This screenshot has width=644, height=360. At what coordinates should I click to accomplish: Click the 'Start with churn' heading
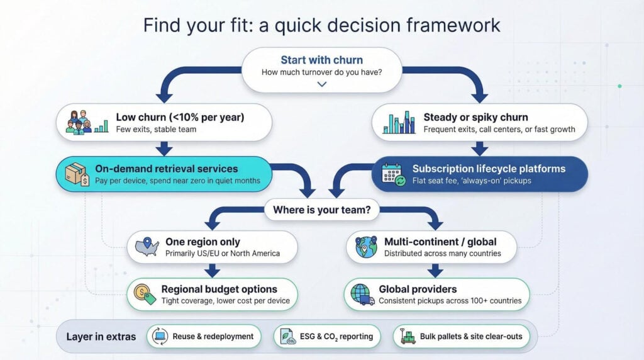(321, 60)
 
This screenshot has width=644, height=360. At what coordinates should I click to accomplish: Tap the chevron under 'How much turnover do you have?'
(322, 84)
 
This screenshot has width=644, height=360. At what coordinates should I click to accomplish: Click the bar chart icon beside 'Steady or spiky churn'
(399, 123)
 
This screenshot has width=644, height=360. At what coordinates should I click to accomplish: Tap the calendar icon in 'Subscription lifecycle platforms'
(392, 174)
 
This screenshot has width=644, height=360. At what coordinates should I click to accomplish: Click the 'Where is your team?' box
(322, 210)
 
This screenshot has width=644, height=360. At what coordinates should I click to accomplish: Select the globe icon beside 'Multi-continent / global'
(366, 247)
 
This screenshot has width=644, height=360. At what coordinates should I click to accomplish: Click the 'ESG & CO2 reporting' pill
(327, 336)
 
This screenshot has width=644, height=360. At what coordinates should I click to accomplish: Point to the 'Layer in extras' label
(101, 337)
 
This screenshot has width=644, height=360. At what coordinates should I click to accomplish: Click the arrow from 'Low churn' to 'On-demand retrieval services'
(164, 149)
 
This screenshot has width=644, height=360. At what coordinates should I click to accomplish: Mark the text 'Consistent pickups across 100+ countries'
(450, 301)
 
